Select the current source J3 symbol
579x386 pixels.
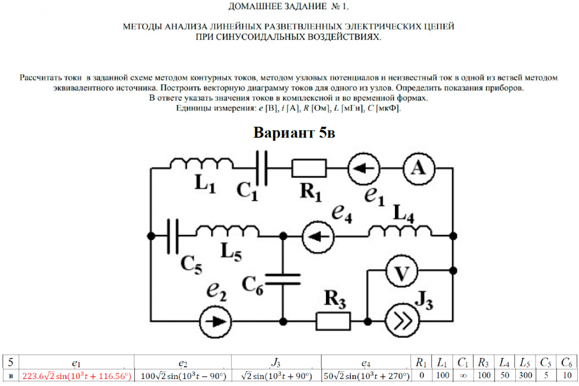tap(402, 319)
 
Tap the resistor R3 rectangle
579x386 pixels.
tap(334, 319)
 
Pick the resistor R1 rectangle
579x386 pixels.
tap(309, 168)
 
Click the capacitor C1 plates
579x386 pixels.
tap(262, 167)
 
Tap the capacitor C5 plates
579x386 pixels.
tap(173, 235)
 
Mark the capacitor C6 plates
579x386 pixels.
tap(284, 278)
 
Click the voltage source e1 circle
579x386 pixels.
tap(364, 168)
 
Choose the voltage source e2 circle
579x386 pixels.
tap(214, 319)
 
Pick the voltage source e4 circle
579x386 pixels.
tap(317, 235)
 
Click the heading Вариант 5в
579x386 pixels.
tap(294, 133)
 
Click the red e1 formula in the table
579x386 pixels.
tap(76, 376)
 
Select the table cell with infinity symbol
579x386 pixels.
tap(463, 376)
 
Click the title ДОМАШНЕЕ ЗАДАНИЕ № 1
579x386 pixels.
tap(289, 7)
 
